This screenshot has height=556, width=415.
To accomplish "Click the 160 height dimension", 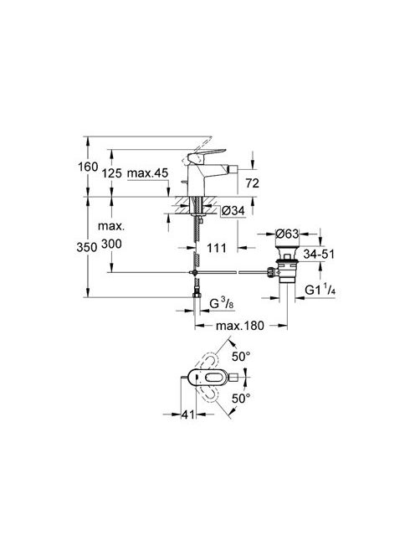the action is coord(88,167).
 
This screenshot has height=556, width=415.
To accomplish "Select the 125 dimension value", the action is coord(111,173).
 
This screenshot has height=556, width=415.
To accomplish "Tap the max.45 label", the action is coord(147,173).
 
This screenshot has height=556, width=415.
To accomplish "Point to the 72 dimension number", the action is coord(253,183).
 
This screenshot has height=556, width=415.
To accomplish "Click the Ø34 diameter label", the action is coord(233,211).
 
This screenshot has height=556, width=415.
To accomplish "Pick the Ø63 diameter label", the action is coord(287,234).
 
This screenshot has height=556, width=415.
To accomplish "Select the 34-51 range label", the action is coord(319,254).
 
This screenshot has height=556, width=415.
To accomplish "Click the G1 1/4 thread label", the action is coord(320,290).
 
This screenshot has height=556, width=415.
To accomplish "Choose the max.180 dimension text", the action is coord(240,326).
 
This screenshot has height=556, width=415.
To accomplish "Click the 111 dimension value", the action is coord(217,248).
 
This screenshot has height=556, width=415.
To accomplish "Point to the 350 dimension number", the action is coord(87,247).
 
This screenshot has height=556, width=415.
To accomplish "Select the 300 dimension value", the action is coord(111,244).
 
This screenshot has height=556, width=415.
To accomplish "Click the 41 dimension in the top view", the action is coord(188,414).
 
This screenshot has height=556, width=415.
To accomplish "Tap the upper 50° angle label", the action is coord(241,357).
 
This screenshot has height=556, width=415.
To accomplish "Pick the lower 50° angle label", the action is coord(241,399).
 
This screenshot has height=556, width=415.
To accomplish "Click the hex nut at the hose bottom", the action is coord(196,295).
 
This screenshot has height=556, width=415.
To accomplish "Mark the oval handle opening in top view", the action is coord(211,378).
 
